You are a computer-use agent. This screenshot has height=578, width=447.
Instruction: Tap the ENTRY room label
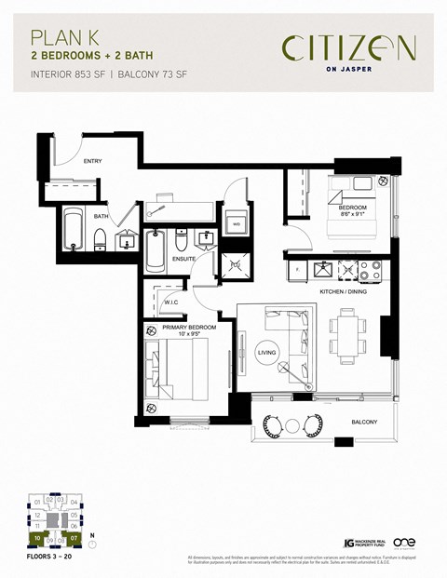92,161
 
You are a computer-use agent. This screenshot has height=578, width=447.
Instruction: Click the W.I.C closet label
171,301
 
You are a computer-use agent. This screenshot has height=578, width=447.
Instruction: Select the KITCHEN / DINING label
345,290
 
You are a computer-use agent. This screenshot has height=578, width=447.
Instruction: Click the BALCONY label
364,423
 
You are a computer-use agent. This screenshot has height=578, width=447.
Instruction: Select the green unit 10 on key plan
35,538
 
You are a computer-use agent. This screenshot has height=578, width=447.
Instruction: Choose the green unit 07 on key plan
74,538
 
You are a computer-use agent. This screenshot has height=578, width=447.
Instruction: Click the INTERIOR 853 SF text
69,73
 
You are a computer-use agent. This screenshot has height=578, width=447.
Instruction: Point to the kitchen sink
325,269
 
